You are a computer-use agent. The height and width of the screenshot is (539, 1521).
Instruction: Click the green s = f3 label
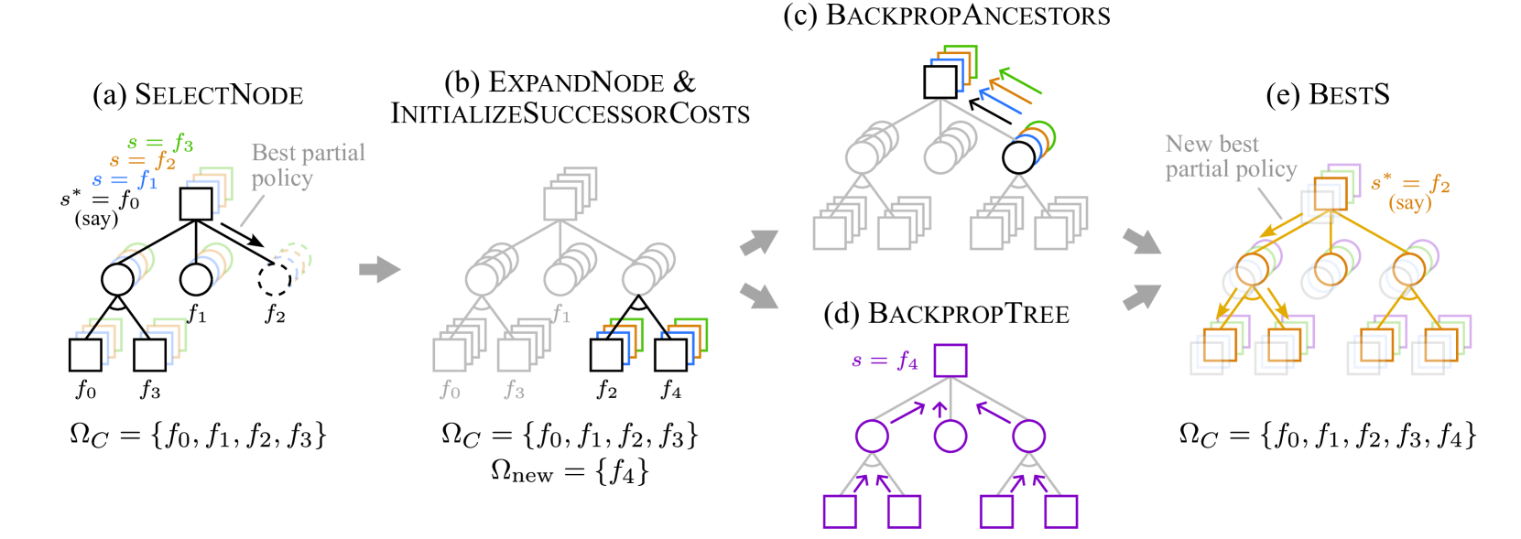[x=161, y=143]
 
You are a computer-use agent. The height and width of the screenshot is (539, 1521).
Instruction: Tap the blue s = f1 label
[x=125, y=180]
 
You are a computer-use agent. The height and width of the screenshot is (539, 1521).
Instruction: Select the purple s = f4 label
[x=885, y=361]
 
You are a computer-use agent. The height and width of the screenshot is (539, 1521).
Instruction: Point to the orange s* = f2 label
[x=1410, y=184]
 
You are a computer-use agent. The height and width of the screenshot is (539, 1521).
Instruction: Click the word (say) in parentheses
[x=1409, y=203]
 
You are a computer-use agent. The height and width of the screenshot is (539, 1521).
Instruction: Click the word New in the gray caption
[x=1188, y=145]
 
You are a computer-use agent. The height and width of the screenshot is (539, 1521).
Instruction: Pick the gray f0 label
[x=451, y=390]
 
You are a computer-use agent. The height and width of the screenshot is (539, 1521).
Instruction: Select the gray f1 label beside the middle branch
[x=561, y=314]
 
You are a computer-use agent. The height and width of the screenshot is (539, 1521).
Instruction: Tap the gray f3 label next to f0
[x=515, y=390]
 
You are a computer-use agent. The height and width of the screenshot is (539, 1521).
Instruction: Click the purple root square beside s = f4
[x=951, y=361]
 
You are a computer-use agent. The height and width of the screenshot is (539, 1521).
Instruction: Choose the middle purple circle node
[x=951, y=436]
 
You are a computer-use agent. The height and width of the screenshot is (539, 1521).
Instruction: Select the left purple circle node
[x=872, y=436]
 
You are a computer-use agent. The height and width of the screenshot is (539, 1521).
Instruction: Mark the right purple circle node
[x=1029, y=436]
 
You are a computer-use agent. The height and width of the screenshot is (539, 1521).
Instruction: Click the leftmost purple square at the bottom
[x=840, y=512]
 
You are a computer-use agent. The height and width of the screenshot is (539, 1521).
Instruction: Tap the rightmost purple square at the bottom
[x=1061, y=512]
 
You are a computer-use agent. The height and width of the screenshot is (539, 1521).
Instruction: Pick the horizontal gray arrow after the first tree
[x=379, y=270]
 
